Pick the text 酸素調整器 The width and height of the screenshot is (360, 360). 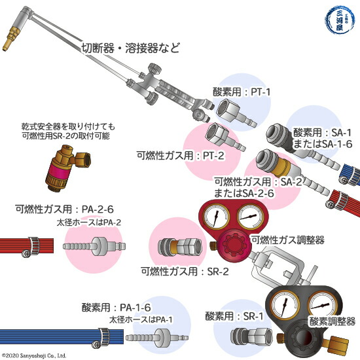tap(332, 322)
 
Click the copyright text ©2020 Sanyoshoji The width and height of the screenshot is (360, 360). tap(34, 355)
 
